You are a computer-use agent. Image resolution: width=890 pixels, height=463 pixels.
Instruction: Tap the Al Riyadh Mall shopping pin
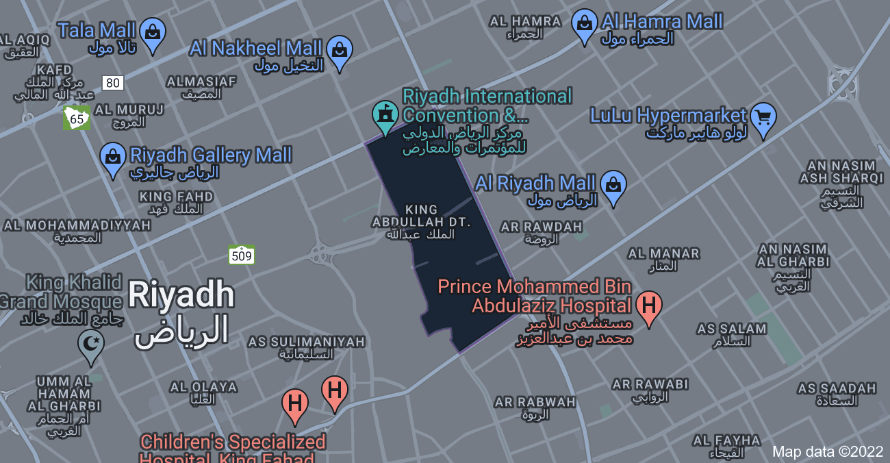(x=613, y=186)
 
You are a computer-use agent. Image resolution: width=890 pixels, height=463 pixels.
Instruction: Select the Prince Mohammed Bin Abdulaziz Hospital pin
(x=648, y=305)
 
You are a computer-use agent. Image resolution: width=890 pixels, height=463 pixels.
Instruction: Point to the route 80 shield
(x=113, y=83)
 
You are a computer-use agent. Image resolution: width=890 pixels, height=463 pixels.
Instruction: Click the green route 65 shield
(x=77, y=118)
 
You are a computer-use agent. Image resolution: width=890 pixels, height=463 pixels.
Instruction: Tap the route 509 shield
(x=242, y=256)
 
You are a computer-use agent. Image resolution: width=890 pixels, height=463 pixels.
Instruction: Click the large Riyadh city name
(x=181, y=296)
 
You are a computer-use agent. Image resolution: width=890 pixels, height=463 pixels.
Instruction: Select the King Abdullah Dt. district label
(x=421, y=221)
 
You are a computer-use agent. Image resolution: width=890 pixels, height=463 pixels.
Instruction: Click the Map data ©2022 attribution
(x=828, y=451)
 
